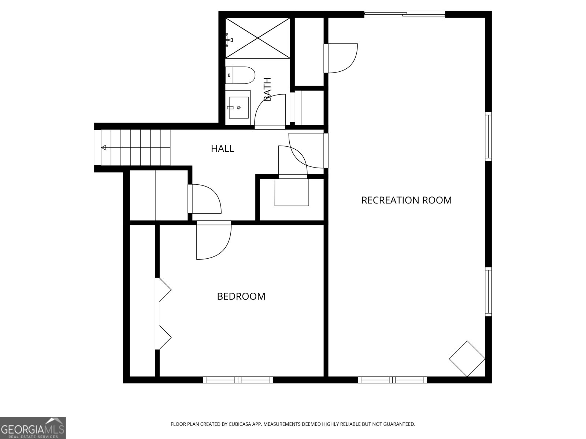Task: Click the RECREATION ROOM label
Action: (406, 200)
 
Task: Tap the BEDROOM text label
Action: (241, 296)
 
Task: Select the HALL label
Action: (222, 149)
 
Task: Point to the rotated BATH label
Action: (267, 90)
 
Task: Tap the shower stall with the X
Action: (257, 38)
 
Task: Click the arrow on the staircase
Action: (104, 147)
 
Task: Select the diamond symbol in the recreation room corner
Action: (467, 359)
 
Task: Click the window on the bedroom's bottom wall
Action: (238, 380)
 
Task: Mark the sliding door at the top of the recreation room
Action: (405, 15)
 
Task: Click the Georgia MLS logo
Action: (33, 428)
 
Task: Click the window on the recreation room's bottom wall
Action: (392, 380)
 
